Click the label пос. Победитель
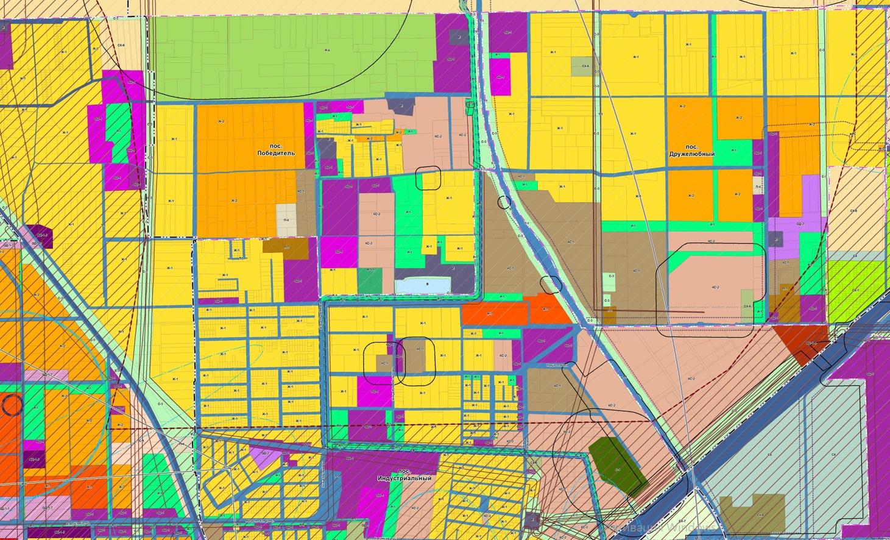tap(276, 150)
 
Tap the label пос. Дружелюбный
tap(699, 151)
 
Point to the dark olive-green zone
tap(615, 463)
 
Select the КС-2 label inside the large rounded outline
tap(715, 287)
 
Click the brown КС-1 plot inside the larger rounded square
tap(418, 355)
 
